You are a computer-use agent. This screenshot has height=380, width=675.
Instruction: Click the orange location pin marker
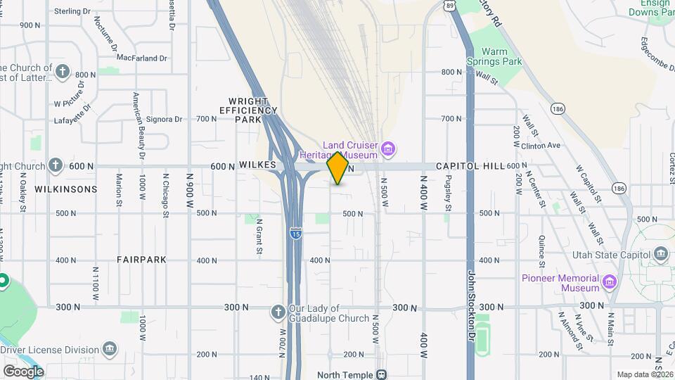pyautogui.click(x=337, y=167)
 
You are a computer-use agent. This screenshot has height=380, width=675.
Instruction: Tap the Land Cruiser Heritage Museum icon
pyautogui.click(x=388, y=149)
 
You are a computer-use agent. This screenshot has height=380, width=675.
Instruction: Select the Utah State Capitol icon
pyautogui.click(x=660, y=253)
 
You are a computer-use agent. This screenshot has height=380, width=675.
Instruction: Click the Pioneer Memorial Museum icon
pyautogui.click(x=610, y=283)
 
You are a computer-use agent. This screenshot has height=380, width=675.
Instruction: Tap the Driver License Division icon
pyautogui.click(x=109, y=349)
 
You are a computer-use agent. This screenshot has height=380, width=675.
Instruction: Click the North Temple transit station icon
pyautogui.click(x=382, y=374)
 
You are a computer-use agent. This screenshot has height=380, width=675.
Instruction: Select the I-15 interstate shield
pyautogui.click(x=296, y=232)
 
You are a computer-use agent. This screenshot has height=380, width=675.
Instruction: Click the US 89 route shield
pyautogui.click(x=449, y=5)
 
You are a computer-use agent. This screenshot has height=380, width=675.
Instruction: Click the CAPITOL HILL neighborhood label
pyautogui.click(x=470, y=166)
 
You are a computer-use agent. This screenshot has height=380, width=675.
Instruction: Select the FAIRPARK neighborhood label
pyautogui.click(x=142, y=260)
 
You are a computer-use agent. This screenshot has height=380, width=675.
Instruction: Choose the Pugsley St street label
pyautogui.click(x=448, y=194)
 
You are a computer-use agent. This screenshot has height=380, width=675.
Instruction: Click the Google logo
pyautogui.click(x=23, y=371)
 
